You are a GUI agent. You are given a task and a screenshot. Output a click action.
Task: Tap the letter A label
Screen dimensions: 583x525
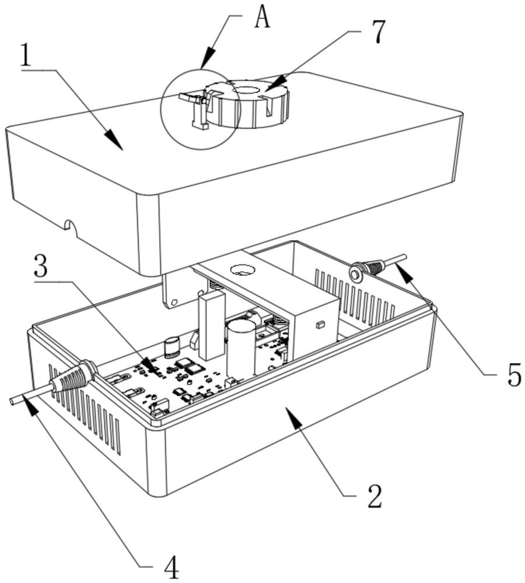tap(262, 17)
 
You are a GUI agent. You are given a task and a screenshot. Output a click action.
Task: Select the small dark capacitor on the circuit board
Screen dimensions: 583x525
tap(171, 346)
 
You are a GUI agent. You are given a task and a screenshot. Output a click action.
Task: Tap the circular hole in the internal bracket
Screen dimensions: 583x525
tap(240, 269)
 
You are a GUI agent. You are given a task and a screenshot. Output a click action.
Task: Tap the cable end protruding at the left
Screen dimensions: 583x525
tap(15, 401)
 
